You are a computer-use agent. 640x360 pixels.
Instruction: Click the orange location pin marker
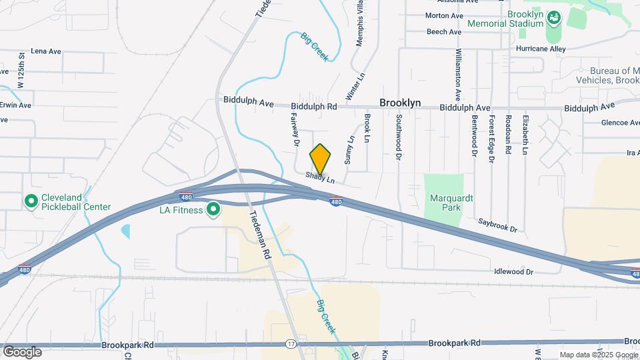pyautogui.click(x=320, y=159)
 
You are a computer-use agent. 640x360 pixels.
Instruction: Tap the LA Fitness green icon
pyautogui.click(x=213, y=210)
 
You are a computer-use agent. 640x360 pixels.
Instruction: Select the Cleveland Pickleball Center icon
pyautogui.click(x=30, y=201)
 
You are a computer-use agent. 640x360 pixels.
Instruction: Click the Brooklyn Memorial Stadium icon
pyautogui.click(x=553, y=19)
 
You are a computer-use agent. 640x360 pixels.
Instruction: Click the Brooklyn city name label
pyautogui.click(x=400, y=103)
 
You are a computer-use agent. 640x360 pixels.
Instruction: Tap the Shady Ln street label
pyautogui.click(x=320, y=178)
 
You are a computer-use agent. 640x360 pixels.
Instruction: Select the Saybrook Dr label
pyautogui.click(x=497, y=225)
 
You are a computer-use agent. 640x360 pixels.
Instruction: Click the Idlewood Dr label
pyautogui.click(x=513, y=272)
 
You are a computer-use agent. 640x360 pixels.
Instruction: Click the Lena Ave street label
pyautogui.click(x=46, y=51)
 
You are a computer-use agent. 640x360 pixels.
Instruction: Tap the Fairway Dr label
pyautogui.click(x=295, y=128)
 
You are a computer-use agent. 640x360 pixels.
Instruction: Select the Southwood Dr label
pyautogui.click(x=399, y=137)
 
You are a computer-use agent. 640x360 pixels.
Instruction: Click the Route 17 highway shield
pyautogui.click(x=291, y=344)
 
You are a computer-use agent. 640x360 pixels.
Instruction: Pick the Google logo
pyautogui.click(x=22, y=351)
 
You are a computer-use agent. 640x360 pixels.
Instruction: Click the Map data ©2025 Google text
pyautogui.click(x=599, y=355)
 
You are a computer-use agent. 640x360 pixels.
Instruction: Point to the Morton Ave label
pyautogui.click(x=444, y=15)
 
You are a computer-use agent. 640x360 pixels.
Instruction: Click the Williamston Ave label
pyautogui.click(x=458, y=75)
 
